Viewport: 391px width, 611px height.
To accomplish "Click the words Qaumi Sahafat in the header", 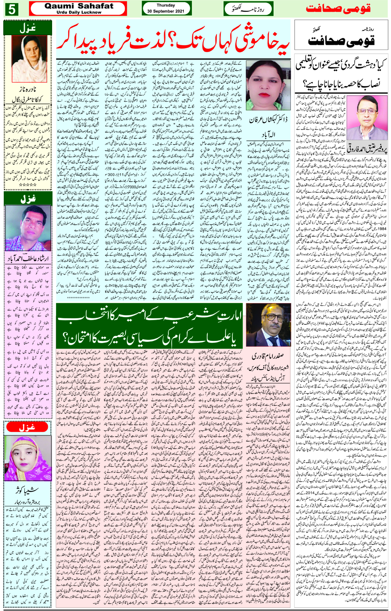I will tap(79, 6).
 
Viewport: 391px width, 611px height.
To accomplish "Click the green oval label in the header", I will tap(246, 8).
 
